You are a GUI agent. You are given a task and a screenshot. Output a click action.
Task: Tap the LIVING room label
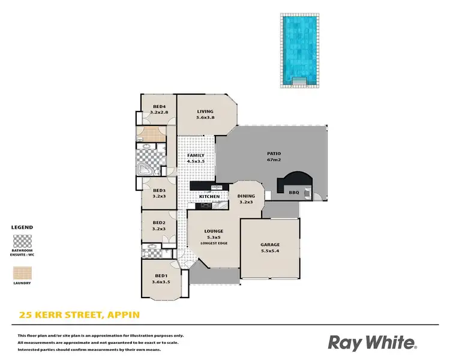pos(205,111)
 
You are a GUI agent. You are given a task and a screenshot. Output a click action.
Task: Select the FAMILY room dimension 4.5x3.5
pos(196,161)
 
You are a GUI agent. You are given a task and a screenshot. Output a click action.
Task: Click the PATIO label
pos(274,154)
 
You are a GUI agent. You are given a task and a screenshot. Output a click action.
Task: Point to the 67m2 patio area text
pos(274,160)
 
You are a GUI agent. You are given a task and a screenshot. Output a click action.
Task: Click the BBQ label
pos(293,193)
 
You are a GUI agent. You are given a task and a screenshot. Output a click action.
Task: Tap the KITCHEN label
pos(209,197)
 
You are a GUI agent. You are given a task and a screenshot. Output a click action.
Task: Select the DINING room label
pos(246,196)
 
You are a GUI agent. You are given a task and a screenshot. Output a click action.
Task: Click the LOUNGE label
pos(214,231)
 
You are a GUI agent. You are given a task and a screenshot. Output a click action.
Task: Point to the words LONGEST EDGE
pos(214,243)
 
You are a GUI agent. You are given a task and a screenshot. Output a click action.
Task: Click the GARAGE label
pos(270,245)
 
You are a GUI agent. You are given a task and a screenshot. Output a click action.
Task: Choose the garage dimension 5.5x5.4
pos(270,251)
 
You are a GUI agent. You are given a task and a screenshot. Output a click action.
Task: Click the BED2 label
pos(159,223)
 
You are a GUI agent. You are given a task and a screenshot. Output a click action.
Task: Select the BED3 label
pos(159,190)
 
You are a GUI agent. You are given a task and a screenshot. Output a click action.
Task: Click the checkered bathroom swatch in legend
pos(22,242)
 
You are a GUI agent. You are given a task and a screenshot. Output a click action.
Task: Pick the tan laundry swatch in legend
pos(22,274)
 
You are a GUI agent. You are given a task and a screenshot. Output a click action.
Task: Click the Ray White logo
pos(371,342)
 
